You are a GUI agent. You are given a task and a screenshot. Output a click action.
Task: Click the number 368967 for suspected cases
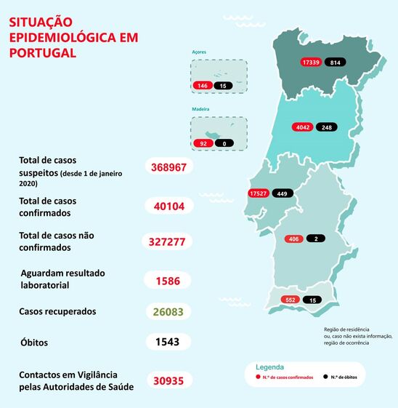168,167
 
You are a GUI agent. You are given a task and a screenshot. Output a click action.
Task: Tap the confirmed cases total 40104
168,206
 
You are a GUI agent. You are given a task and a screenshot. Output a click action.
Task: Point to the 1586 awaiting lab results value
168,280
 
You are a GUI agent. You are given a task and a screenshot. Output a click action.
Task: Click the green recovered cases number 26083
168,311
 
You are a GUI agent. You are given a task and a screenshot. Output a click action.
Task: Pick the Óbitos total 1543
168,341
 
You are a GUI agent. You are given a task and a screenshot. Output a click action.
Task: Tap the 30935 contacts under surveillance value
168,380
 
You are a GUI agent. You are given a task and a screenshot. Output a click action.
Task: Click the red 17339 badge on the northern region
312,63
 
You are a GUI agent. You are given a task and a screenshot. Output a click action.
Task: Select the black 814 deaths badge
335,63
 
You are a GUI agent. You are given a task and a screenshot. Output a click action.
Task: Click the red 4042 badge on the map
303,128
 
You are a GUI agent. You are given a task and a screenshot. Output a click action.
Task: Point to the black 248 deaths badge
325,128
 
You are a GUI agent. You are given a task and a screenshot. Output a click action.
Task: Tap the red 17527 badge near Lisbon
259,193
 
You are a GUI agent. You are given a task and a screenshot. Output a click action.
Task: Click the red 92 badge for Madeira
203,143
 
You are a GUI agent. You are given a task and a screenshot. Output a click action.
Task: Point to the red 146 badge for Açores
203,86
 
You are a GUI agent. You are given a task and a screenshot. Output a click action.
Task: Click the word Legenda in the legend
269,367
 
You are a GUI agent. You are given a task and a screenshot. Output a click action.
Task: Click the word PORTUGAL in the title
42,53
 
